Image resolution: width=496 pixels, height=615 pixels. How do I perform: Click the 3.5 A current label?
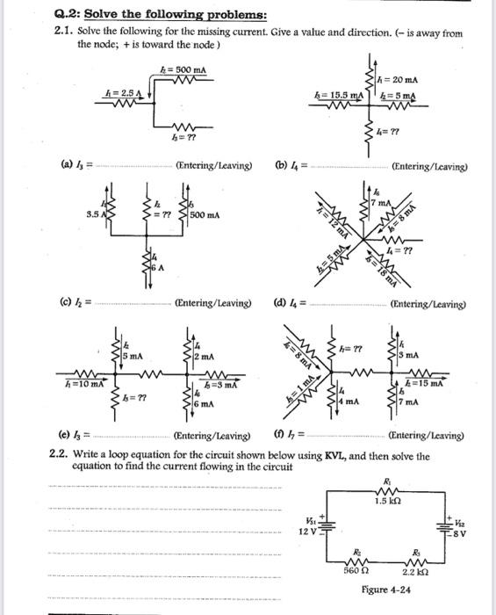click(x=94, y=213)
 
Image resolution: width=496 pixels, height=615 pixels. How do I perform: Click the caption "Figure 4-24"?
click(x=385, y=590)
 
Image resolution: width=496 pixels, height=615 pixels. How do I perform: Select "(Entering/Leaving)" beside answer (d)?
click(x=428, y=305)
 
